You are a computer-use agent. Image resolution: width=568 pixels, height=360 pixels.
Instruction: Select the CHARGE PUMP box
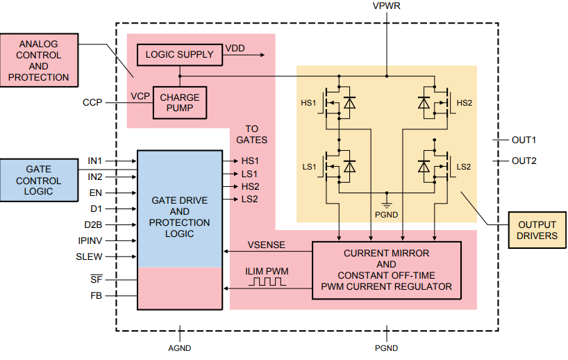(179, 103)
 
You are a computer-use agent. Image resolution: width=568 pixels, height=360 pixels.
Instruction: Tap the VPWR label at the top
(386, 6)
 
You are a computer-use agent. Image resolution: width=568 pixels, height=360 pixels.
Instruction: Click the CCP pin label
(92, 103)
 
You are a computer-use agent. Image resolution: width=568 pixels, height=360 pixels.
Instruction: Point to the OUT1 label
(524, 140)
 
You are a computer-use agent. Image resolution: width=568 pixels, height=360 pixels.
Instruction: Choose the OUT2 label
(524, 161)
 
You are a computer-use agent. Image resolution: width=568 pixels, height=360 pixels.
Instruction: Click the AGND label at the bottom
(179, 348)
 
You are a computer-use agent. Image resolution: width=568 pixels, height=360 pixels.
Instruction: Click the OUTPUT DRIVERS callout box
(537, 230)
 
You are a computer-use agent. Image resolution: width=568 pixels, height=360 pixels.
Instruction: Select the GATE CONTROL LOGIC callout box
(43, 181)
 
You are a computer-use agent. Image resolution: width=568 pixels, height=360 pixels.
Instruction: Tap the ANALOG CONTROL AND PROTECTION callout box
(39, 60)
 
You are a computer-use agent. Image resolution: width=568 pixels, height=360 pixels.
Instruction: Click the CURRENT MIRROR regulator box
(386, 270)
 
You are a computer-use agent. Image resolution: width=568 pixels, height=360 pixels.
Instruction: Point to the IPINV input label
(90, 240)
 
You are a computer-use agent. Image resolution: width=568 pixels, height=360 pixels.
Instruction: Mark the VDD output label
(235, 49)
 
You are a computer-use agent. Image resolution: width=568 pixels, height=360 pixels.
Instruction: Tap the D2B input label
(92, 224)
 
